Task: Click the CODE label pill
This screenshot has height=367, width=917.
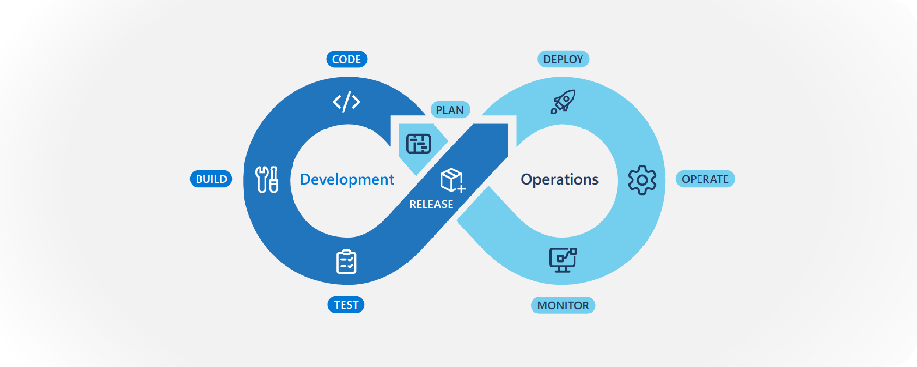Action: [x=347, y=59]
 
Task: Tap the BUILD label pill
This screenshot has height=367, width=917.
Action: [x=211, y=179]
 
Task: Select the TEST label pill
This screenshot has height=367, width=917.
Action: [x=346, y=305]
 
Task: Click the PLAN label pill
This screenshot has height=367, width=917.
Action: [x=450, y=110]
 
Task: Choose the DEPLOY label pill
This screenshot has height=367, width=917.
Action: [x=563, y=59]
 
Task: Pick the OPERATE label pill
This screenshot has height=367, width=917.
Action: [x=705, y=179]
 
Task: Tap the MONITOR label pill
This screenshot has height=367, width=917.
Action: [x=563, y=305]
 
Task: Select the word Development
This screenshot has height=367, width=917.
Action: [x=347, y=179]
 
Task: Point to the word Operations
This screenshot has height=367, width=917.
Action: [x=559, y=179]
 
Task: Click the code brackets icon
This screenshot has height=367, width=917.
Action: [x=346, y=102]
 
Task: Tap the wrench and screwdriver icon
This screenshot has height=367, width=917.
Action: [x=266, y=179]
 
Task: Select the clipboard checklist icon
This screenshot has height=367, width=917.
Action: [x=346, y=262]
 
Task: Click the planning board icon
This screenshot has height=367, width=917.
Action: [x=419, y=144]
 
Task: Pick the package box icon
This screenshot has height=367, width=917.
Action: [x=452, y=180]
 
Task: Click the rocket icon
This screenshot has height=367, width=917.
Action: [x=563, y=102]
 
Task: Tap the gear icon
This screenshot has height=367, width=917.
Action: [x=642, y=180]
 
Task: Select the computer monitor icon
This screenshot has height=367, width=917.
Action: [x=563, y=260]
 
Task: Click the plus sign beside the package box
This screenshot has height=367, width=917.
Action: [x=461, y=189]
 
